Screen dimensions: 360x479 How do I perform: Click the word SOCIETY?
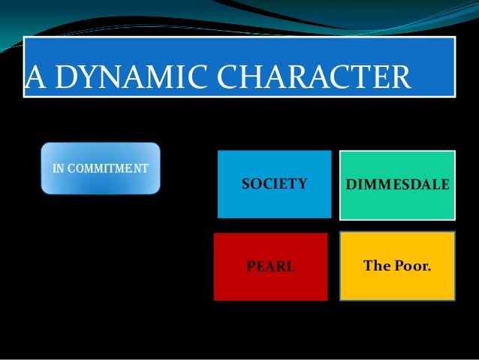pyautogui.click(x=274, y=183)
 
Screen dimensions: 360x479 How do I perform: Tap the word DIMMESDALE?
pyautogui.click(x=398, y=184)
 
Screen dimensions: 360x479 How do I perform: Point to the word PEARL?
pyautogui.click(x=270, y=266)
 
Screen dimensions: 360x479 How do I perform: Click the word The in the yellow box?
pyautogui.click(x=378, y=265)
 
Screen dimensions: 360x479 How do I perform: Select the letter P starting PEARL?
pyautogui.click(x=252, y=266)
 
